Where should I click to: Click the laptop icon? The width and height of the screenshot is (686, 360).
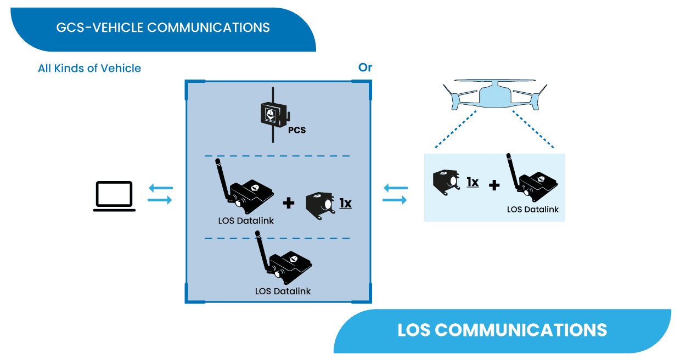click(114, 196)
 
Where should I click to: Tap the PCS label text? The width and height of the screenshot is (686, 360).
click(296, 131)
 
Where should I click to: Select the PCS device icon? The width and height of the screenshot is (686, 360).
click(273, 115)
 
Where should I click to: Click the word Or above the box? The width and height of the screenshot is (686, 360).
click(365, 67)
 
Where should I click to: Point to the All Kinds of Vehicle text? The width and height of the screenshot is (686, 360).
click(89, 69)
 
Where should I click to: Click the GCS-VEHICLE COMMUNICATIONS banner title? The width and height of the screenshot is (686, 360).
click(163, 27)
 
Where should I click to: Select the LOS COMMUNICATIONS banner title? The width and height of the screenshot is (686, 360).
click(502, 330)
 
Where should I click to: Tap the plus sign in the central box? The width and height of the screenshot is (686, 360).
click(288, 204)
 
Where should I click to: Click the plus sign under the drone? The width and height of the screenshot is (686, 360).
click(494, 185)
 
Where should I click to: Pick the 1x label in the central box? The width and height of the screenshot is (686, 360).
click(345, 204)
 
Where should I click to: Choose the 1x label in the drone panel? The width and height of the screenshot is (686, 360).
click(472, 182)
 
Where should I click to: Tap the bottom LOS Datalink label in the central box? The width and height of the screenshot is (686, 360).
click(283, 291)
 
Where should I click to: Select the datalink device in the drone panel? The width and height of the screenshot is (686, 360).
click(532, 178)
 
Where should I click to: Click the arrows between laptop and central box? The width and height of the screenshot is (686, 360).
click(160, 194)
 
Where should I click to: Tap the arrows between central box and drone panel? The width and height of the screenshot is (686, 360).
click(395, 194)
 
